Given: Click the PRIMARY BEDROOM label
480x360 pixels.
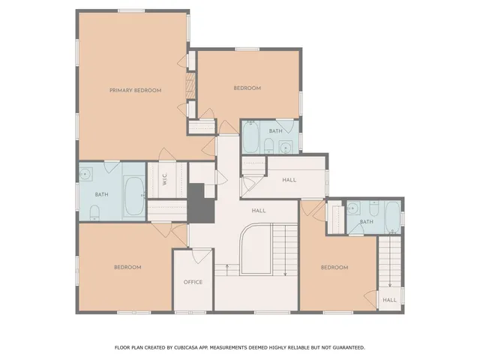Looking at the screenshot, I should (135, 90).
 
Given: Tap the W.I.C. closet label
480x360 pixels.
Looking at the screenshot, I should (163, 180).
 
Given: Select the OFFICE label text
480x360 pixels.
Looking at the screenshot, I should (193, 282).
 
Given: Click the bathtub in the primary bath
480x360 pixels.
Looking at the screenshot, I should (134, 195).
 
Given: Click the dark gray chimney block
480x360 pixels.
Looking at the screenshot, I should (199, 202).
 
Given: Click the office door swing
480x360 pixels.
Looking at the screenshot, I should (198, 255).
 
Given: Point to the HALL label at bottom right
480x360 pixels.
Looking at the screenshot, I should (390, 300).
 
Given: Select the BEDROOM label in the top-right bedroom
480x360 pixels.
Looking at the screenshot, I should (247, 88).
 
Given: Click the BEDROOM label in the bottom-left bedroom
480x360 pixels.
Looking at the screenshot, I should (127, 267).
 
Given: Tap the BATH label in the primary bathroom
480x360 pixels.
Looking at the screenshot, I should (101, 195).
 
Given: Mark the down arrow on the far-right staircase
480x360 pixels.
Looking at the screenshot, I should (390, 285).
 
